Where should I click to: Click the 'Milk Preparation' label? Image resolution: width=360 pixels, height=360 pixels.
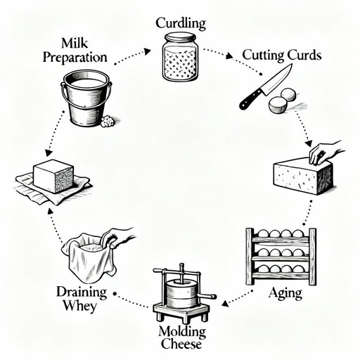click(x=74, y=50)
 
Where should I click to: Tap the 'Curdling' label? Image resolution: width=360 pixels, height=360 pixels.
click(x=181, y=23)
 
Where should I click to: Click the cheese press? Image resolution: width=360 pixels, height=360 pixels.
click(x=182, y=290)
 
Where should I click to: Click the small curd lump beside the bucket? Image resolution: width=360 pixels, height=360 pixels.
click(x=108, y=121)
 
